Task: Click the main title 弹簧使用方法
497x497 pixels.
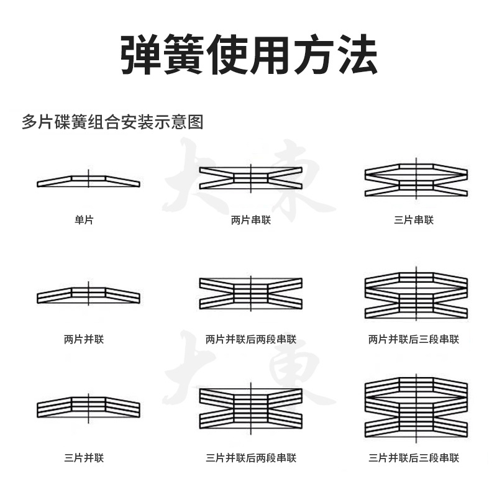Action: pyautogui.click(x=249, y=55)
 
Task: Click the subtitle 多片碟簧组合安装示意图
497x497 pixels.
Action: pyautogui.click(x=112, y=122)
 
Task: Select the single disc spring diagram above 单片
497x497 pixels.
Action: pyautogui.click(x=88, y=181)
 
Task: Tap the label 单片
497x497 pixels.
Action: pyautogui.click(x=84, y=220)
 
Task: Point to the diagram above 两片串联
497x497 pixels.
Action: pyautogui.click(x=251, y=178)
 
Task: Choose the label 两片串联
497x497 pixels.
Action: pyautogui.click(x=251, y=220)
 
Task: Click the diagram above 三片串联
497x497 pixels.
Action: pyautogui.click(x=416, y=179)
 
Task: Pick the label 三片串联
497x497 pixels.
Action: pyautogui.click(x=414, y=220)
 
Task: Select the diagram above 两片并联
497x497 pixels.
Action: pyautogui.click(x=88, y=294)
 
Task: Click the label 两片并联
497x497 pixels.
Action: pyautogui.click(x=84, y=339)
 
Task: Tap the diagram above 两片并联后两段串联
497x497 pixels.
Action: pyautogui.click(x=251, y=293)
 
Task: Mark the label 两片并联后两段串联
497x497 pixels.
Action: pyautogui.click(x=251, y=339)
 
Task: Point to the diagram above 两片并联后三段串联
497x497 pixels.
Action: pyautogui.click(x=416, y=293)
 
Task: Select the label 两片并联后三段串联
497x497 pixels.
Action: pyautogui.click(x=414, y=339)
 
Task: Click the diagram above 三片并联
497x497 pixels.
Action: pyautogui.click(x=88, y=408)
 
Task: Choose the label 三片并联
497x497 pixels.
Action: pyautogui.click(x=84, y=458)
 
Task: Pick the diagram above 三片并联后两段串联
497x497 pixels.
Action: pyautogui.click(x=251, y=409)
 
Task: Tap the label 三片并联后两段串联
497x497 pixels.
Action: pyautogui.click(x=251, y=458)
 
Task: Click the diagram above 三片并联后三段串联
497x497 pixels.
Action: pyautogui.click(x=416, y=408)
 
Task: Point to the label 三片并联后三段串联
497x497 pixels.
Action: pyautogui.click(x=414, y=458)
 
